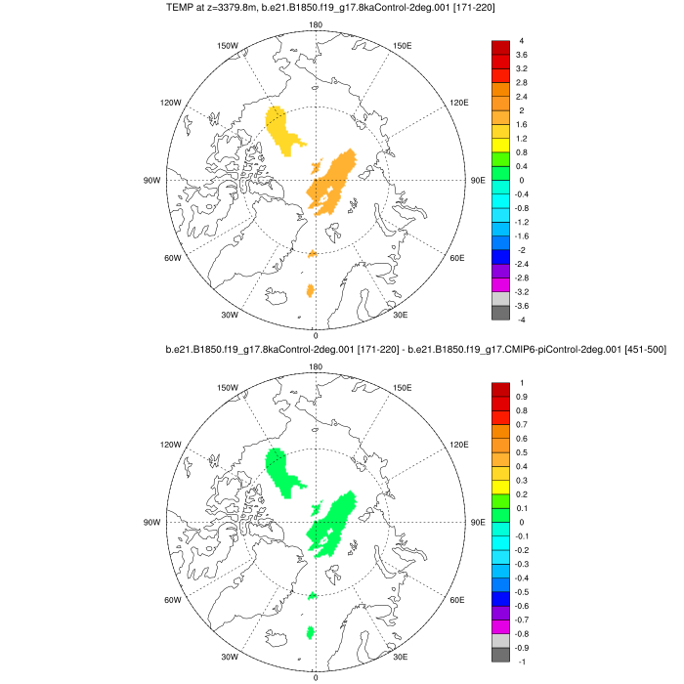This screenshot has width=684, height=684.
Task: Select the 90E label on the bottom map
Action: (478, 522)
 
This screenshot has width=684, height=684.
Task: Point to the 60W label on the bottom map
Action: (173, 600)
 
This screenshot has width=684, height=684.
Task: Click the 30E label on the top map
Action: (400, 315)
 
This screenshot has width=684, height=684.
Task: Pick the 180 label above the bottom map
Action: (316, 366)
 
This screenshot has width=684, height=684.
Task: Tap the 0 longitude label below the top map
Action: (315, 335)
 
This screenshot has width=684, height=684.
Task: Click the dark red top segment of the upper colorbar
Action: (500, 48)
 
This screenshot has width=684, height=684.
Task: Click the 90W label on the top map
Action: (152, 180)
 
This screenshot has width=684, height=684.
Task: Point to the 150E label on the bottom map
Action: (402, 387)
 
